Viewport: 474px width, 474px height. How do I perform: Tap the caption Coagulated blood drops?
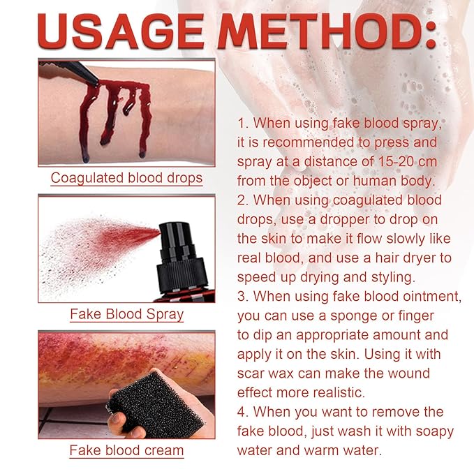click(x=126, y=178)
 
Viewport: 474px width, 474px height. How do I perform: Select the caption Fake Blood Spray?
click(x=126, y=314)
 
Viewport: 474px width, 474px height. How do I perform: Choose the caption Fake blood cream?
click(x=126, y=450)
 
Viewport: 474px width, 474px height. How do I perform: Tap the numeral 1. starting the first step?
click(x=244, y=124)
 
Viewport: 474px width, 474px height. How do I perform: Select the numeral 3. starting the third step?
click(x=244, y=297)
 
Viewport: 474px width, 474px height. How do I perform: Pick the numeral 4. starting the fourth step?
click(x=244, y=412)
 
